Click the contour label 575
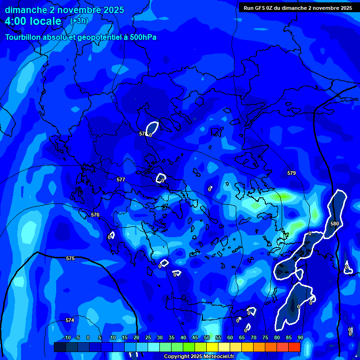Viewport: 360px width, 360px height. (x=70, y=258)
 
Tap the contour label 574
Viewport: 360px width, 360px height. (x=70, y=320)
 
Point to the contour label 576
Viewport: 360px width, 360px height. (x=95, y=215)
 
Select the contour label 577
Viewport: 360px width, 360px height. (x=121, y=180)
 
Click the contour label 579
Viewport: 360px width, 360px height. (x=292, y=173)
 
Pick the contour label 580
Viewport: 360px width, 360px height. (x=334, y=224)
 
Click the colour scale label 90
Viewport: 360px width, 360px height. (x=300, y=337)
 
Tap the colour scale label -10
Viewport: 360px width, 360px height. (x=67, y=337)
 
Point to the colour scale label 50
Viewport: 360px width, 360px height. (x=207, y=337)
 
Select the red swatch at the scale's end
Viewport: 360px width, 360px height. (x=294, y=347)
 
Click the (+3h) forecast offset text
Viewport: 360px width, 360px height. (x=79, y=21)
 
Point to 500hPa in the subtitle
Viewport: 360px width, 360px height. (x=140, y=37)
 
